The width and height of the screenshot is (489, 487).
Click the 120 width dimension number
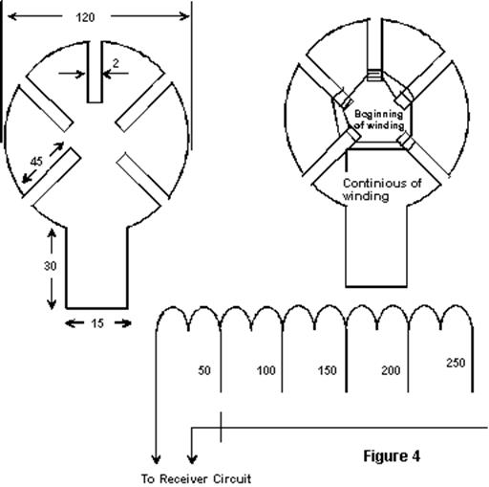tap(85, 17)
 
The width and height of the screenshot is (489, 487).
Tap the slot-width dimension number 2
tap(116, 63)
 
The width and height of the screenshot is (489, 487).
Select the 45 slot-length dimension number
tap(36, 162)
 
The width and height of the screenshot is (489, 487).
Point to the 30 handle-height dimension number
tap(51, 266)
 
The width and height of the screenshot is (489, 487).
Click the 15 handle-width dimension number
tap(97, 323)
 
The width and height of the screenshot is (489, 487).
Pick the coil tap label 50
tap(204, 370)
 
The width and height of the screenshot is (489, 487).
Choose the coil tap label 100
tap(266, 370)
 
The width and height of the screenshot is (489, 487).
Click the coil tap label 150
tap(327, 370)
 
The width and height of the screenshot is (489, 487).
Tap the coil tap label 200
tap(391, 370)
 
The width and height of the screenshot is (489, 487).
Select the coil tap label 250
tap(456, 363)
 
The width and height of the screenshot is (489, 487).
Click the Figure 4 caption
tap(392, 456)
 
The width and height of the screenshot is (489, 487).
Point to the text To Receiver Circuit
tap(196, 478)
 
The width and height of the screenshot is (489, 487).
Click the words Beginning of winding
tap(379, 120)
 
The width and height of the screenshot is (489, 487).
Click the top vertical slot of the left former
tap(95, 72)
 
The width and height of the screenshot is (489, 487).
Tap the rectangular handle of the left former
tap(97, 267)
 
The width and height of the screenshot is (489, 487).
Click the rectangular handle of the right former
tap(376, 246)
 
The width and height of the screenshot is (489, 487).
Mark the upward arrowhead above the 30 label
tap(52, 232)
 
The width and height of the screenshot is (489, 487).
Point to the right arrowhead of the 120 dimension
tap(184, 16)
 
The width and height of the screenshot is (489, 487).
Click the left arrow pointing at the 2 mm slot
tap(72, 74)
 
